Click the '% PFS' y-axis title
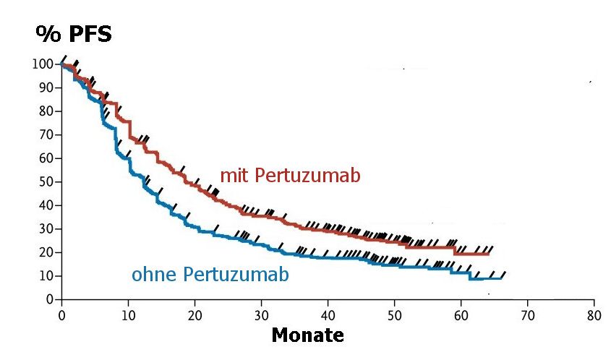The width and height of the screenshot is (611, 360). [x=74, y=34]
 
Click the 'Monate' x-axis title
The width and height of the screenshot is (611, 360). [x=307, y=335]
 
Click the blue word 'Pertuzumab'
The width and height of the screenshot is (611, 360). [x=236, y=275]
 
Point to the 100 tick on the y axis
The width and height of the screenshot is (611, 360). [x=43, y=64]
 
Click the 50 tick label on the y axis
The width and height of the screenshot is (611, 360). [x=46, y=181]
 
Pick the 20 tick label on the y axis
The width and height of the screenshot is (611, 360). [x=46, y=252]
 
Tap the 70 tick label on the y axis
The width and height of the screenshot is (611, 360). [x=46, y=134]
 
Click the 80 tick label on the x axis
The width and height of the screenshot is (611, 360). [x=594, y=315]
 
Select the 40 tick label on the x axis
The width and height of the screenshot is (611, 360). [x=328, y=315]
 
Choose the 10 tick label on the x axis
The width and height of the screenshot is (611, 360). [x=128, y=315]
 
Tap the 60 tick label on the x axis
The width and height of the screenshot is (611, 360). [x=461, y=315]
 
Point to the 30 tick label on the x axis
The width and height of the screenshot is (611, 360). [x=261, y=315]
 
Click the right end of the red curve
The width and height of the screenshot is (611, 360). [x=489, y=253]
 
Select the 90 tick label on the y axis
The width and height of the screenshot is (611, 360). [x=46, y=87]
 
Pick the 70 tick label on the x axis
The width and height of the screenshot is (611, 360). [x=527, y=315]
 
